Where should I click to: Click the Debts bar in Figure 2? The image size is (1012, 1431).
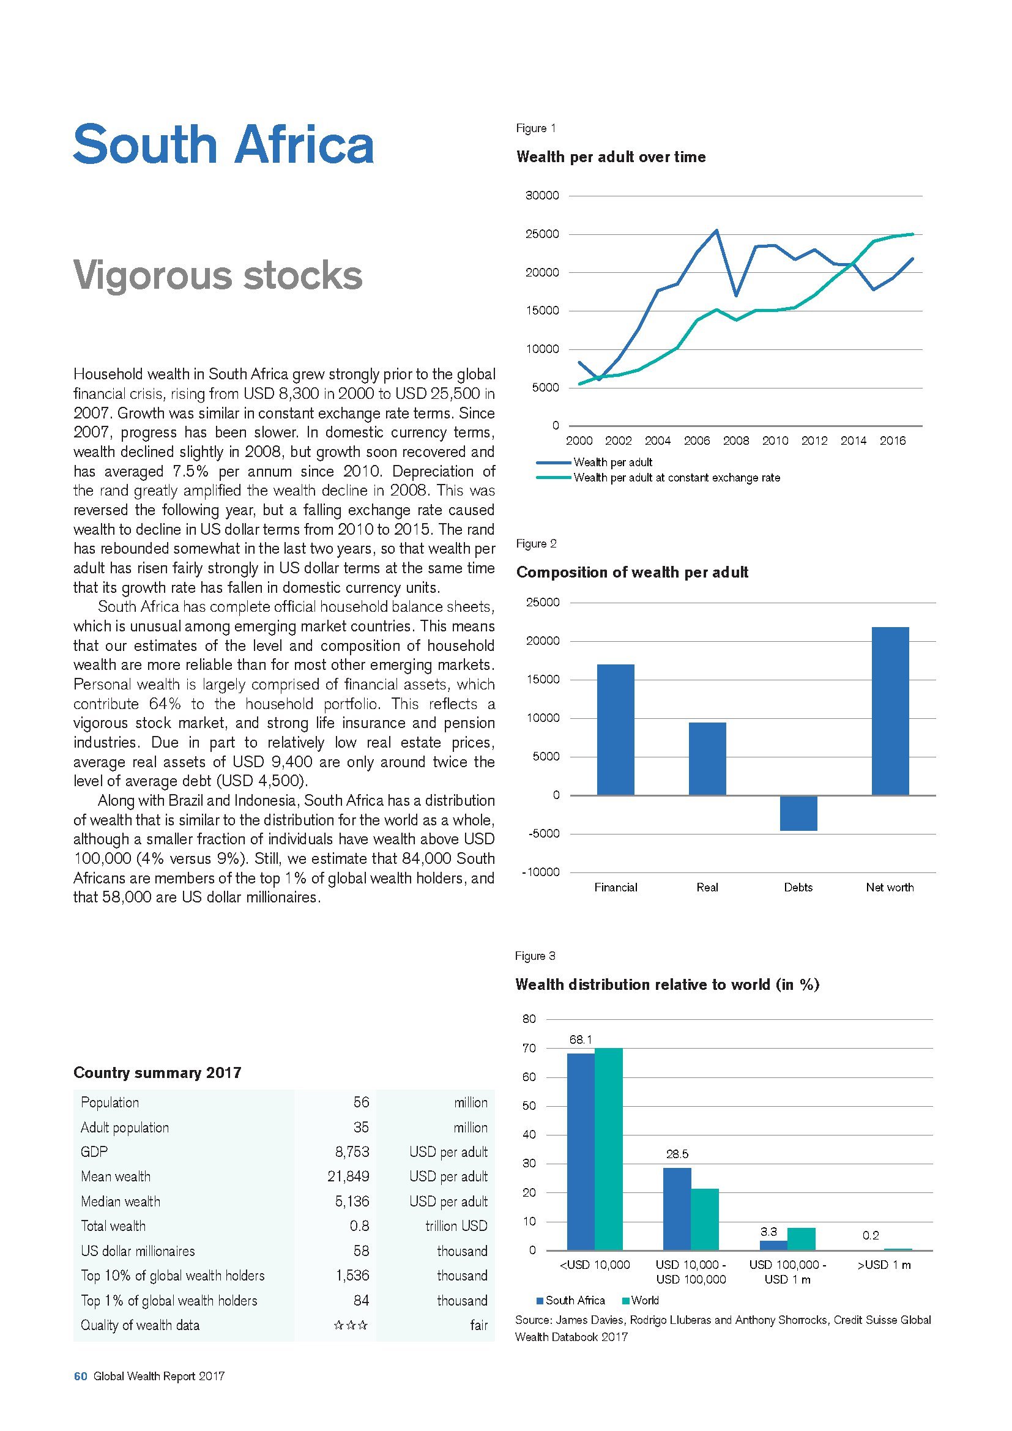point(798,813)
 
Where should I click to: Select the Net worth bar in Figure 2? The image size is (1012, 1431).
point(890,711)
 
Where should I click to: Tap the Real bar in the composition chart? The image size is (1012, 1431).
point(707,759)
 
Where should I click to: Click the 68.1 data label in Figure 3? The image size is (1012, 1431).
point(580,1039)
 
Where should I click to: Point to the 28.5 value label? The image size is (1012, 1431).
point(677,1154)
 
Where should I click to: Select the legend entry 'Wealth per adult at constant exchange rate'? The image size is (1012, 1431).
point(676,478)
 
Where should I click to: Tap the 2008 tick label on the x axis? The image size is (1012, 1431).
point(736,440)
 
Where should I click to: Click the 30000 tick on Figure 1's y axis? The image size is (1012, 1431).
point(543,196)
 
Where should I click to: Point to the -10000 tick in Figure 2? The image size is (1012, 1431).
point(541,872)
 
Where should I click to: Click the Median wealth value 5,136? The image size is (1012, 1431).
point(352,1201)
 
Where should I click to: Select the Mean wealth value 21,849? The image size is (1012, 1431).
point(348,1176)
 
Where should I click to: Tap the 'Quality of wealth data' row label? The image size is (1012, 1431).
point(140,1325)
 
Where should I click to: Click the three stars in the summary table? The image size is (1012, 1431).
point(351,1325)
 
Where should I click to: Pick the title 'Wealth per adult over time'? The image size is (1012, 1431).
point(611,157)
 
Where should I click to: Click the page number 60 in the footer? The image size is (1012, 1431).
point(80,1376)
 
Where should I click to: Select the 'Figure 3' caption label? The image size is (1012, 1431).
point(535,956)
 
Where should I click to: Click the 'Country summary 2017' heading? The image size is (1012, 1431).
point(157,1072)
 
